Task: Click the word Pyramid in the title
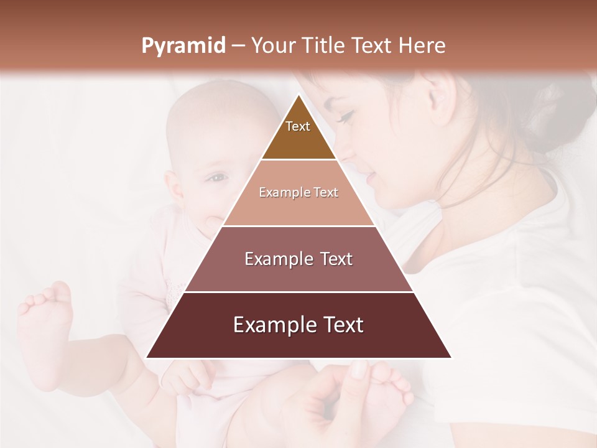tap(183, 46)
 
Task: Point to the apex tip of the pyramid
tap(298, 96)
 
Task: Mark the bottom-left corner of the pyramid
tap(147, 357)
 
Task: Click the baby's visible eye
tap(216, 179)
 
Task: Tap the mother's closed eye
tap(346, 117)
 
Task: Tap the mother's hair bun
tap(563, 106)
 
